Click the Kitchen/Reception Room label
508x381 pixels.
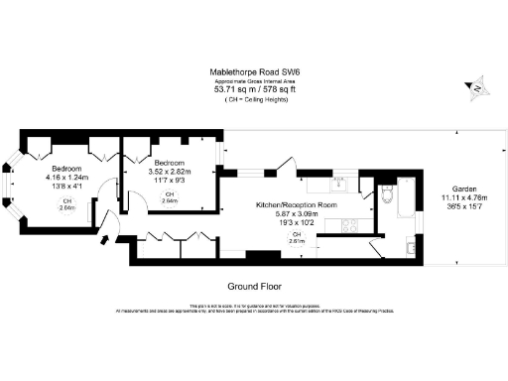(297, 204)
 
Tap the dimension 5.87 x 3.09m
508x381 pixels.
(297, 214)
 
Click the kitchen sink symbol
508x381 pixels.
(340, 183)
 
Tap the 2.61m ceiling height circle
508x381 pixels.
(297, 238)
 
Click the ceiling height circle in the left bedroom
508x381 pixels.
(67, 205)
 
